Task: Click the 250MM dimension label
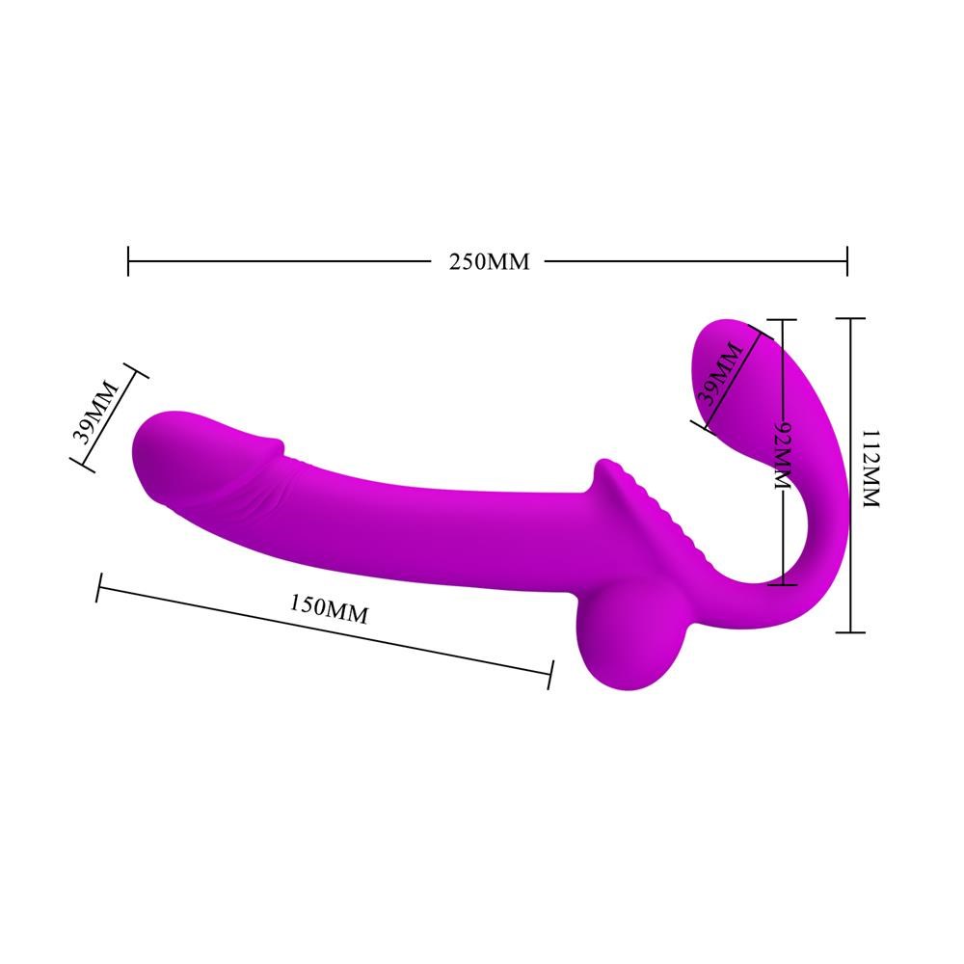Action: click(489, 261)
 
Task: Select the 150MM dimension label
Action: click(329, 609)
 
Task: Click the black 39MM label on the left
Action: click(97, 411)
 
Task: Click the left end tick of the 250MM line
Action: click(128, 260)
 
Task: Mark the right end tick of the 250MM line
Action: click(846, 260)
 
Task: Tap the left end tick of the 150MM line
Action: click(98, 587)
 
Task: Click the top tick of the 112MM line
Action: click(849, 318)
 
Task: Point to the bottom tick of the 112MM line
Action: click(849, 632)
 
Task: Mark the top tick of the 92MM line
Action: click(781, 320)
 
